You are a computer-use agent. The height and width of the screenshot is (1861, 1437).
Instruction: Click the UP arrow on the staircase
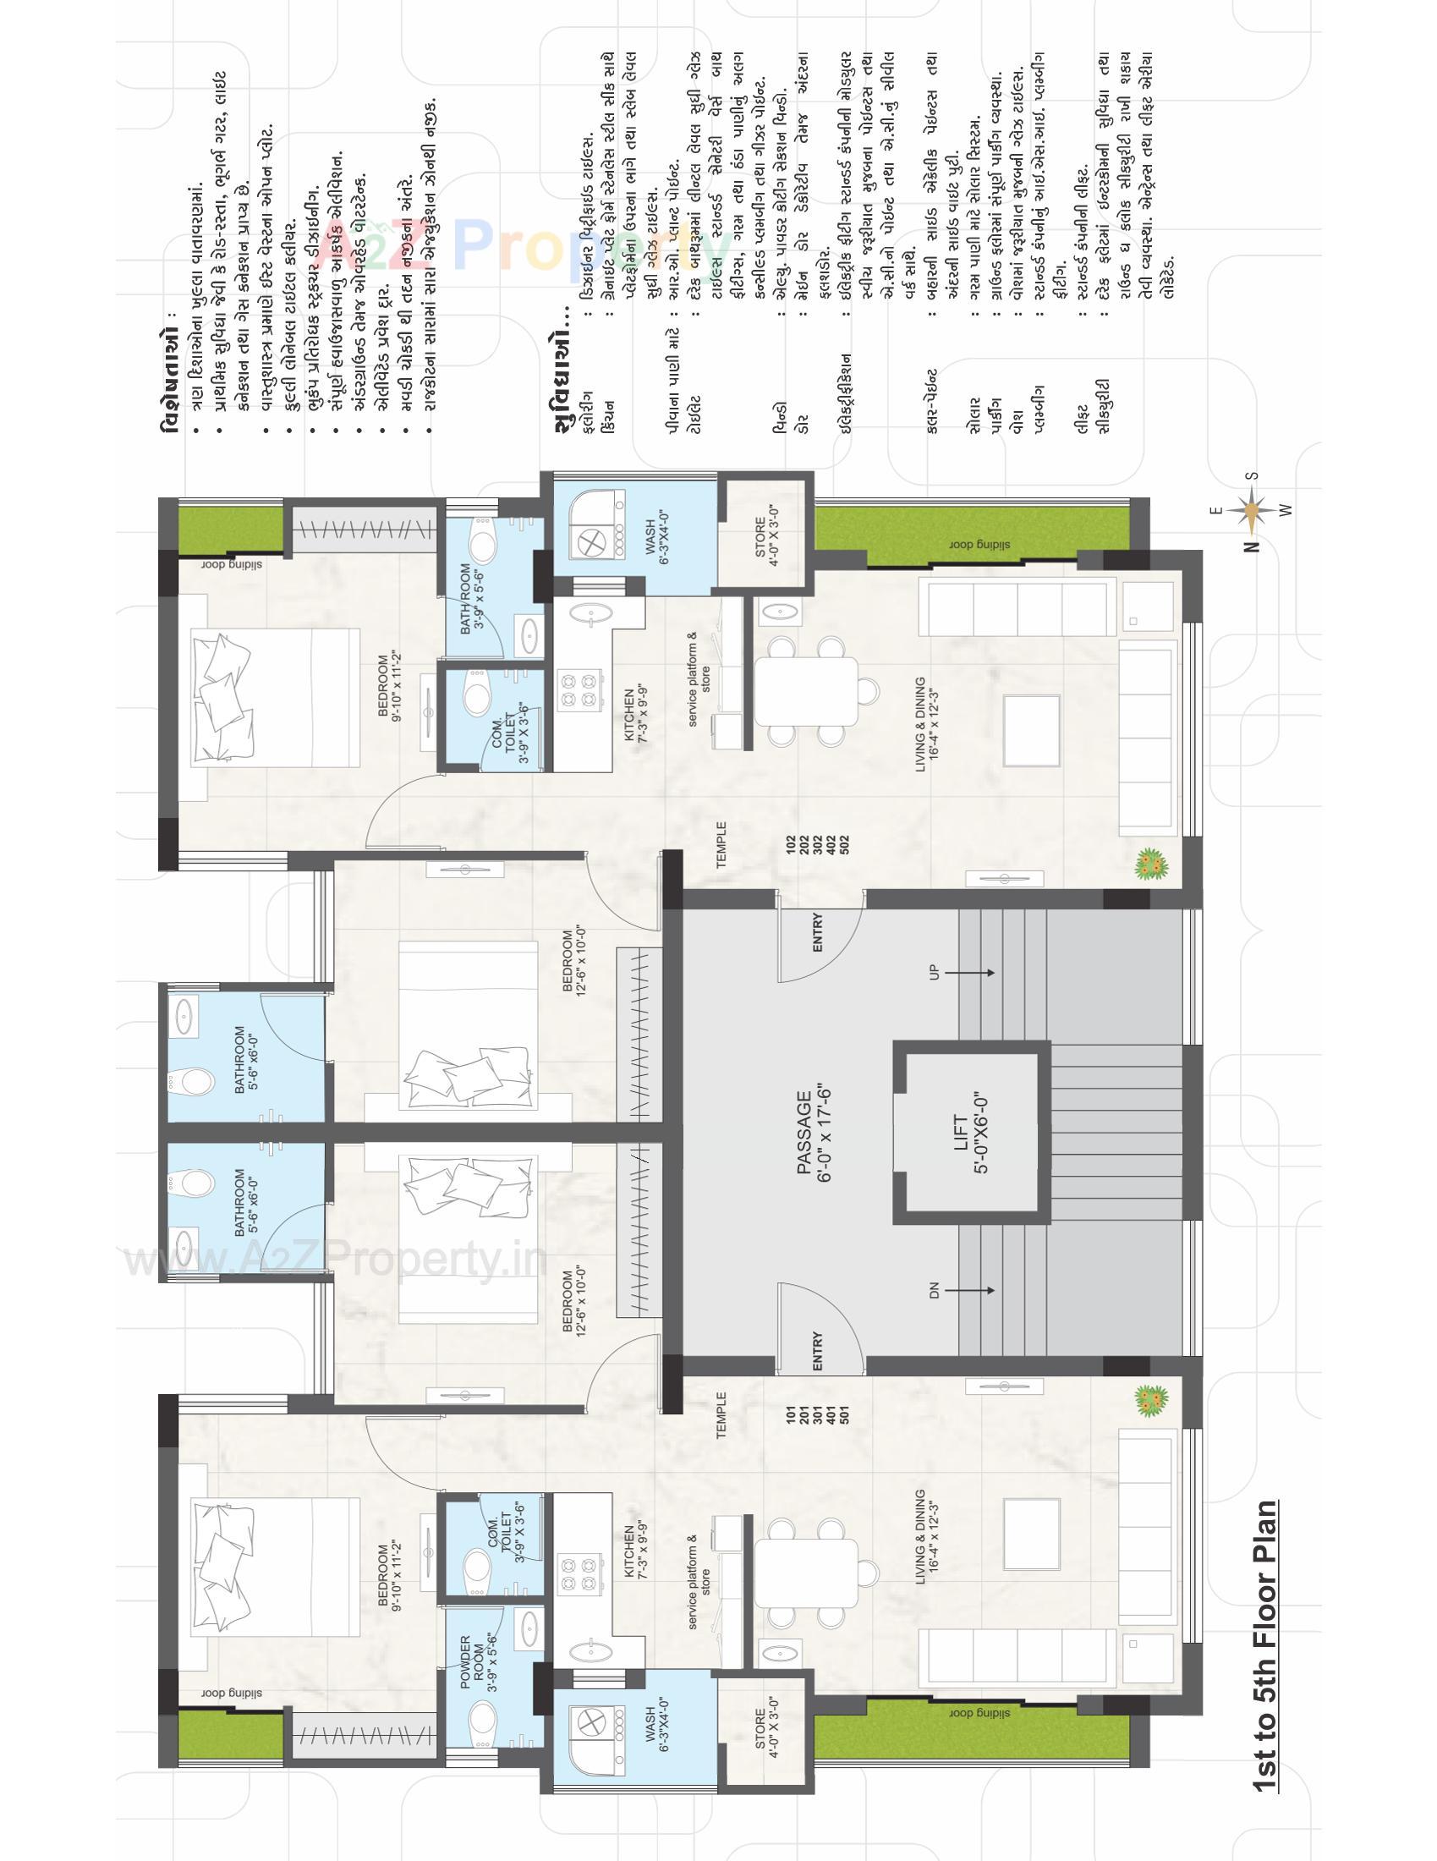[967, 972]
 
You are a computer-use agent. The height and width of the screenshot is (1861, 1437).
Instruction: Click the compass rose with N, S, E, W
[1250, 511]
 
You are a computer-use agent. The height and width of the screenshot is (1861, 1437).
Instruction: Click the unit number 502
[845, 845]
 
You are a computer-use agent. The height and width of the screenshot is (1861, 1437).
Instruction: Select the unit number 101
[792, 1416]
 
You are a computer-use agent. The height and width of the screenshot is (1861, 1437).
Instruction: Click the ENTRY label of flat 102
[818, 932]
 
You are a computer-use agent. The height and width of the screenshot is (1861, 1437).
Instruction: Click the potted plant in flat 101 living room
[1151, 1400]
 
